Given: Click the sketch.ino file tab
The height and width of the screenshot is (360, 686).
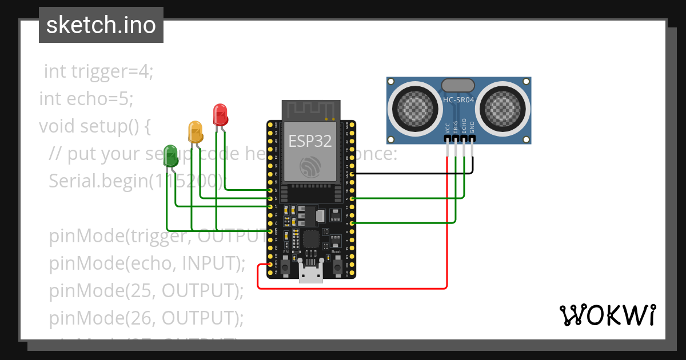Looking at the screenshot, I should [101, 25].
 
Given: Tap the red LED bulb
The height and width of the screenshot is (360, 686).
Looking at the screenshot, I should [220, 114].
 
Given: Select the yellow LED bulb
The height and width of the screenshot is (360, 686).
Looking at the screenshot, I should [196, 131].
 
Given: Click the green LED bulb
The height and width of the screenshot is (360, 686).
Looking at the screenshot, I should [170, 156].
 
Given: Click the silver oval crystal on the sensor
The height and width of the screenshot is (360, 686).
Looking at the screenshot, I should [458, 85].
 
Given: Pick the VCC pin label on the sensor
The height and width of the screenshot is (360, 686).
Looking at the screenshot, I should [447, 127].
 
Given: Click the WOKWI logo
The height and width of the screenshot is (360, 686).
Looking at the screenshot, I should [607, 315].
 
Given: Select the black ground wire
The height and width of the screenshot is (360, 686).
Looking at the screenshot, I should [412, 173].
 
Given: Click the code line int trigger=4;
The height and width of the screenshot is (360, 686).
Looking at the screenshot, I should [98, 71].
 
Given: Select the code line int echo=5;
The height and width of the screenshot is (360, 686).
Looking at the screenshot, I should [86, 99].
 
